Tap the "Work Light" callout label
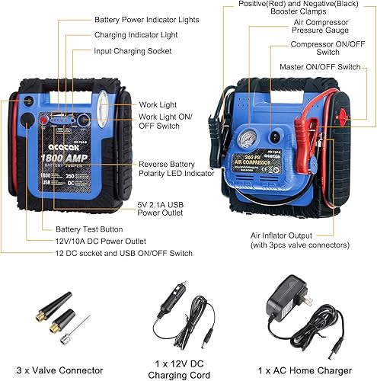[x=158, y=105]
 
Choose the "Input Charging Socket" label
[x=133, y=51]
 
